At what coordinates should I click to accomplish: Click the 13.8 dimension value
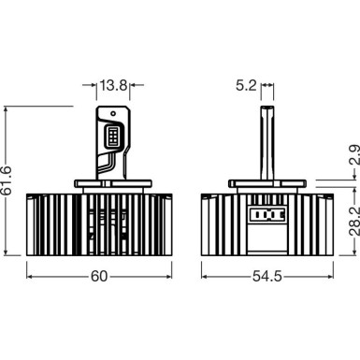point(113,86)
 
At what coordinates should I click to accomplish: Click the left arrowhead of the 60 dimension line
point(30,278)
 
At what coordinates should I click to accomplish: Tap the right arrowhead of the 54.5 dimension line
point(317,278)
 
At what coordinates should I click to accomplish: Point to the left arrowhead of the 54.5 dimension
point(203,278)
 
